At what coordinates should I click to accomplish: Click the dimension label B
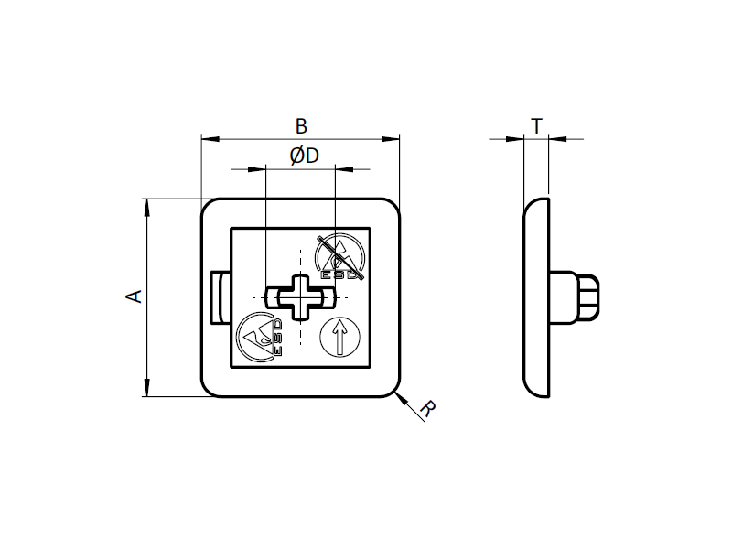tap(300, 125)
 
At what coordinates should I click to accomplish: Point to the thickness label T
tap(536, 125)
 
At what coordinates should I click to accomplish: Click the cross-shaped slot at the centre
tap(300, 297)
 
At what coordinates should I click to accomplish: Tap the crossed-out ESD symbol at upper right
tap(339, 257)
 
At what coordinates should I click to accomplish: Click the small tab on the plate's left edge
tap(219, 297)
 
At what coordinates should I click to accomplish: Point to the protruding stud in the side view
tap(576, 296)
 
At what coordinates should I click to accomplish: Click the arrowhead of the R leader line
tap(400, 394)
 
